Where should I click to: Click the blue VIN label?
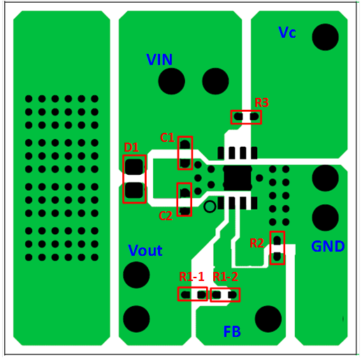pyautogui.click(x=159, y=59)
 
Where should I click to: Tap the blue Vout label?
pyautogui.click(x=145, y=250)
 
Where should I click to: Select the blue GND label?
pyautogui.click(x=328, y=246)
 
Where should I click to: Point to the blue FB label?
pyautogui.click(x=232, y=331)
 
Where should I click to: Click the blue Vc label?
pyautogui.click(x=287, y=32)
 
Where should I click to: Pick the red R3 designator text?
pyautogui.click(x=261, y=103)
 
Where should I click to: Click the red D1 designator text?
pyautogui.click(x=131, y=147)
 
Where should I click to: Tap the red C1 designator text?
pyautogui.click(x=167, y=138)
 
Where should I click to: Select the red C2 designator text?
pyautogui.click(x=166, y=216)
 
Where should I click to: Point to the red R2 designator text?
pyautogui.click(x=256, y=243)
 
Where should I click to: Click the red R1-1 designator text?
pyautogui.click(x=191, y=277)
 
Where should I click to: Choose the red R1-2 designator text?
pyautogui.click(x=226, y=277)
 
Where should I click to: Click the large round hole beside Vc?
pyautogui.click(x=325, y=37)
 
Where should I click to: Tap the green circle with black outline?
pyautogui.click(x=210, y=206)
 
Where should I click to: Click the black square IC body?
pyautogui.click(x=238, y=178)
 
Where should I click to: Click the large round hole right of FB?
pyautogui.click(x=268, y=319)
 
